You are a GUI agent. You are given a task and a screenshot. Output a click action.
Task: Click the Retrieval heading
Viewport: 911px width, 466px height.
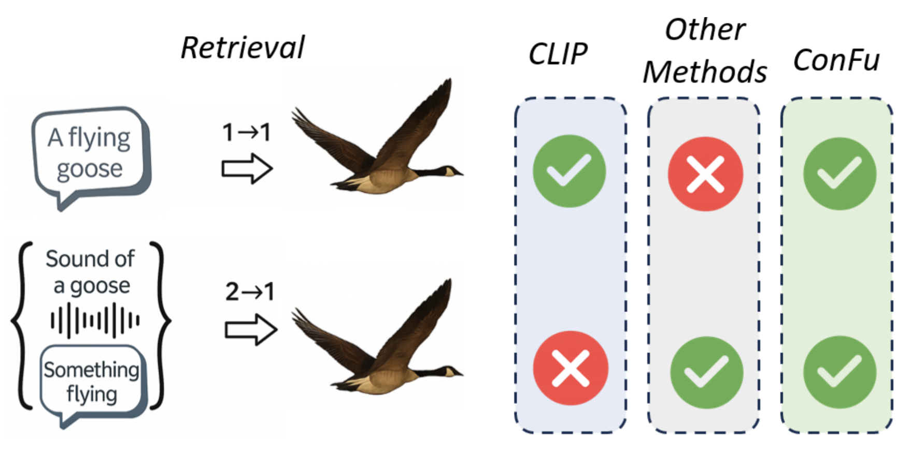(x=243, y=48)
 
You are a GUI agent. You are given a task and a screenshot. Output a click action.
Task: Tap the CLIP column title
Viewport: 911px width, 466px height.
(x=558, y=53)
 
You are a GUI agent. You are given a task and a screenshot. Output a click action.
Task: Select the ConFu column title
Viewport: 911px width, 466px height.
(x=836, y=60)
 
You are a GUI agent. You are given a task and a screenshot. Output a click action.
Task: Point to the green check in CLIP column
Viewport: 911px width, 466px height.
(x=569, y=171)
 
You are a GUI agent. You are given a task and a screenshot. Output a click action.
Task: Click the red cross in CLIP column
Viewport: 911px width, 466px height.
(x=571, y=368)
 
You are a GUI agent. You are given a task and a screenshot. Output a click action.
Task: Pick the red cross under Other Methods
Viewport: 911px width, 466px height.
(x=705, y=174)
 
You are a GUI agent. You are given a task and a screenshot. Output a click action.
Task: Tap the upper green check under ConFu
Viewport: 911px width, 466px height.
(x=839, y=173)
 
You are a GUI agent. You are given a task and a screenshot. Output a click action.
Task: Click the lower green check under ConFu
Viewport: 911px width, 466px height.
(x=839, y=372)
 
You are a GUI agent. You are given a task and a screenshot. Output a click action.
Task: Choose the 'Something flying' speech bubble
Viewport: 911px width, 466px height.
(x=92, y=382)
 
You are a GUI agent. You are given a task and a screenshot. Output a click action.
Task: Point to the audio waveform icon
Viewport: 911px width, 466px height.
(x=94, y=321)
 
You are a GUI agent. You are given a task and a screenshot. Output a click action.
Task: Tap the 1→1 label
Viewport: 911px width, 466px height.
(x=247, y=133)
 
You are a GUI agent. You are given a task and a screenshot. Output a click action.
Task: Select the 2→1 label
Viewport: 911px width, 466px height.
(x=249, y=292)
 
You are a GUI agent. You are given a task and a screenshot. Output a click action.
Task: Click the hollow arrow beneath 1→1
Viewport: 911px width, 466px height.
(x=247, y=168)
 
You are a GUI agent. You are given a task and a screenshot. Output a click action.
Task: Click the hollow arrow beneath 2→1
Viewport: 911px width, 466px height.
(x=251, y=330)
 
